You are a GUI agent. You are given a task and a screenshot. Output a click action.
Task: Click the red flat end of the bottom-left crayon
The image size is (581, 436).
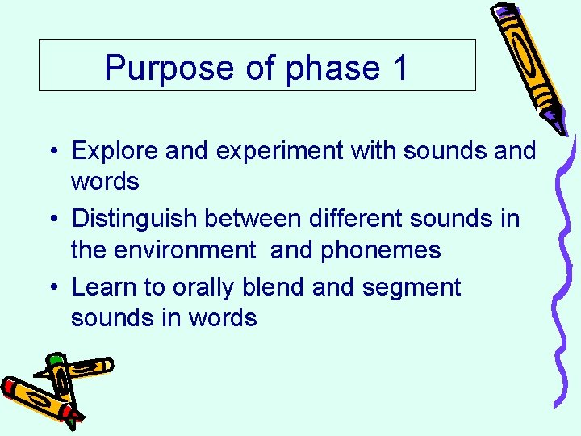pos(10,386)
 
